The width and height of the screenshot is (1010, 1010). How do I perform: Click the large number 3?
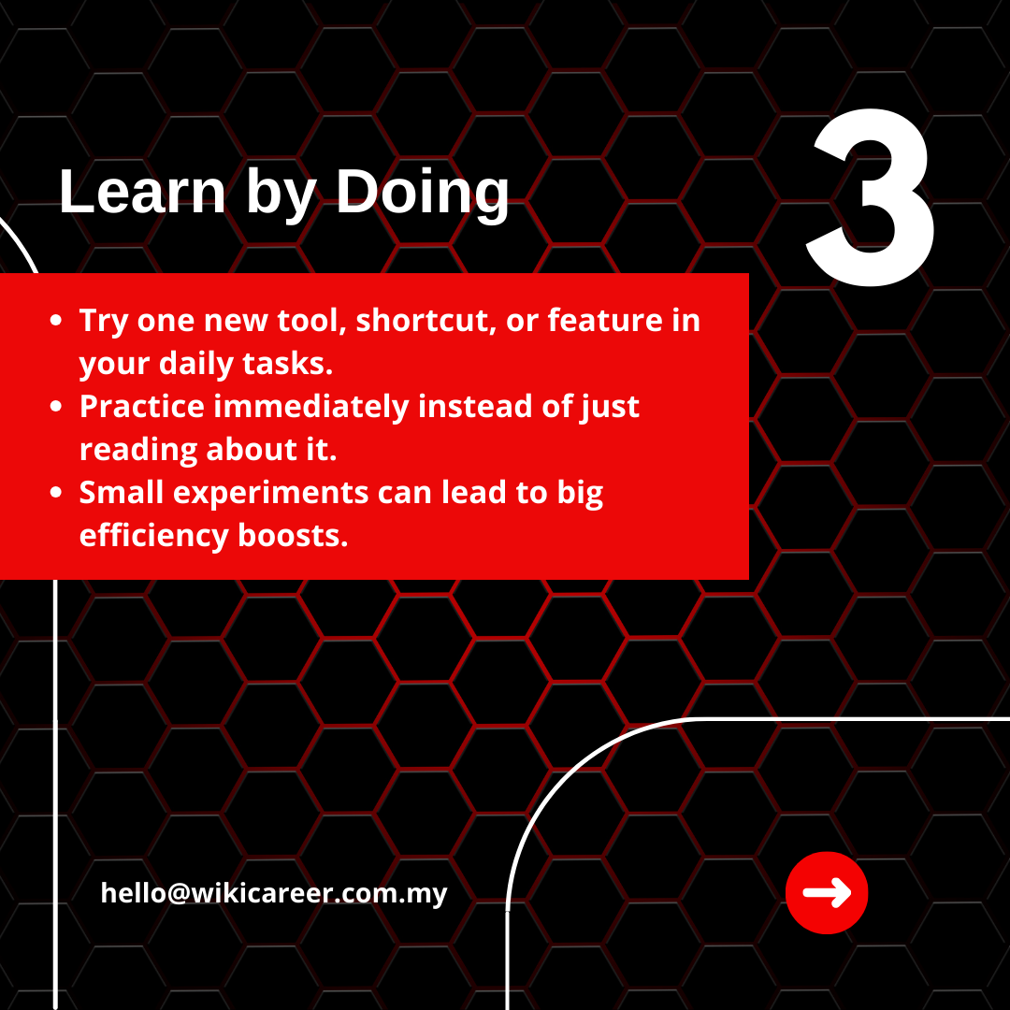pyautogui.click(x=870, y=196)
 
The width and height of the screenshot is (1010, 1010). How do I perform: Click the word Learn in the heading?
pyautogui.click(x=142, y=192)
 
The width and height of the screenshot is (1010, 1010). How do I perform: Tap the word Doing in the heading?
pyautogui.click(x=423, y=192)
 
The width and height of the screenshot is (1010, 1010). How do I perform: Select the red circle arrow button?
pyautogui.click(x=827, y=893)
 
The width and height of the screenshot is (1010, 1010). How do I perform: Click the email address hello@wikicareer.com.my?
pyautogui.click(x=274, y=893)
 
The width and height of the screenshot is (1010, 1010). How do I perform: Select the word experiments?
pyautogui.click(x=270, y=493)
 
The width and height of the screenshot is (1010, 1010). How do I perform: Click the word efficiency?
pyautogui.click(x=154, y=536)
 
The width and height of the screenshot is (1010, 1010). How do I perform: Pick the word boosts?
pyautogui.click(x=293, y=535)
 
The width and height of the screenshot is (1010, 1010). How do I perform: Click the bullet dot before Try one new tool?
pyautogui.click(x=56, y=320)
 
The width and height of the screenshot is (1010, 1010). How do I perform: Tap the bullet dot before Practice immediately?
pyautogui.click(x=56, y=407)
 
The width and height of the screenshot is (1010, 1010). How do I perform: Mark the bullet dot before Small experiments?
pyautogui.click(x=56, y=493)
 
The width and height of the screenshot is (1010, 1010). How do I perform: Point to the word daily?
pyautogui.click(x=196, y=363)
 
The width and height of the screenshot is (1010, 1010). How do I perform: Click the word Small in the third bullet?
pyautogui.click(x=122, y=492)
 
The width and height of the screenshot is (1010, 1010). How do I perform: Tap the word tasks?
pyautogui.click(x=287, y=363)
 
